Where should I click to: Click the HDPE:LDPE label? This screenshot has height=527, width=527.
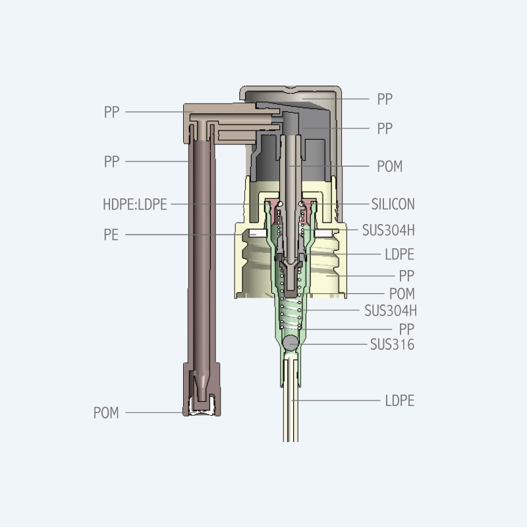point(135,204)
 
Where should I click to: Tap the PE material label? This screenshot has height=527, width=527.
point(111,235)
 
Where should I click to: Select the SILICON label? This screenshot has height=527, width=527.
point(393,204)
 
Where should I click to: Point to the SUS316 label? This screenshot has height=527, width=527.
point(392,344)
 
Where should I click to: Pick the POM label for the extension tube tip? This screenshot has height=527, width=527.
point(106,413)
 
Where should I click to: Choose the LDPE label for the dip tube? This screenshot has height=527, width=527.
point(399,401)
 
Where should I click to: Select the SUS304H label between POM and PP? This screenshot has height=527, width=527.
point(391,310)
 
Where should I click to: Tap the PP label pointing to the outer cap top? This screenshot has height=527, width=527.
point(385,99)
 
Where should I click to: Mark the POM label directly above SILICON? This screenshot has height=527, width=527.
point(389,167)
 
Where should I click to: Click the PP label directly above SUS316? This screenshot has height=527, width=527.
point(406,328)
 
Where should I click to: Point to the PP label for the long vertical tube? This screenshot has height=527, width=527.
point(111,161)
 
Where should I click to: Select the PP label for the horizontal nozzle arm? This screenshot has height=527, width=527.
point(111,112)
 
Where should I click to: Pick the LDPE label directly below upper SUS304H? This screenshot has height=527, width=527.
point(399,254)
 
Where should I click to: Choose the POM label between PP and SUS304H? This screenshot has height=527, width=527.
point(402,293)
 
